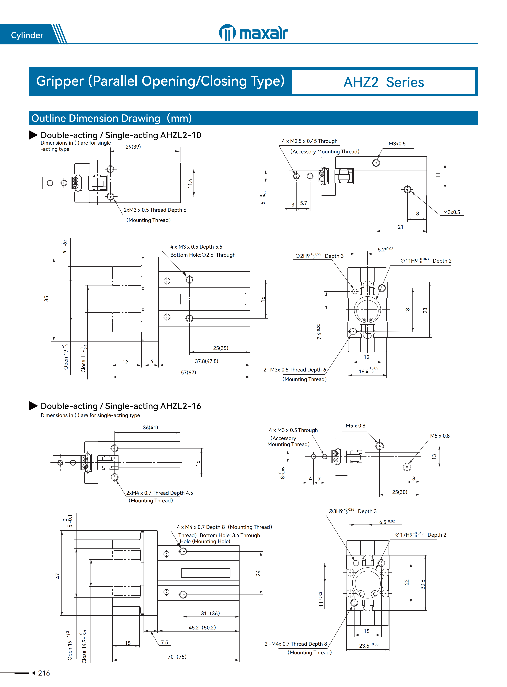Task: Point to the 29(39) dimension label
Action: [x=133, y=147]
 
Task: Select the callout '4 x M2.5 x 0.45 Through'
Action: [x=310, y=141]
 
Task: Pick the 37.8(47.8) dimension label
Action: [x=206, y=361]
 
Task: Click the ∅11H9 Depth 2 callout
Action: [x=426, y=261]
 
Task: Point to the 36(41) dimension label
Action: [x=150, y=427]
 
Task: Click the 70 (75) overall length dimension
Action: [x=177, y=657]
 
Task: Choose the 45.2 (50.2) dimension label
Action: [x=202, y=628]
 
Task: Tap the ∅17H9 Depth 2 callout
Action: [x=420, y=535]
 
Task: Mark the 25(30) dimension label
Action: [x=400, y=492]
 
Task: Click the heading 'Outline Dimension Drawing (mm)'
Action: [x=111, y=118]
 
